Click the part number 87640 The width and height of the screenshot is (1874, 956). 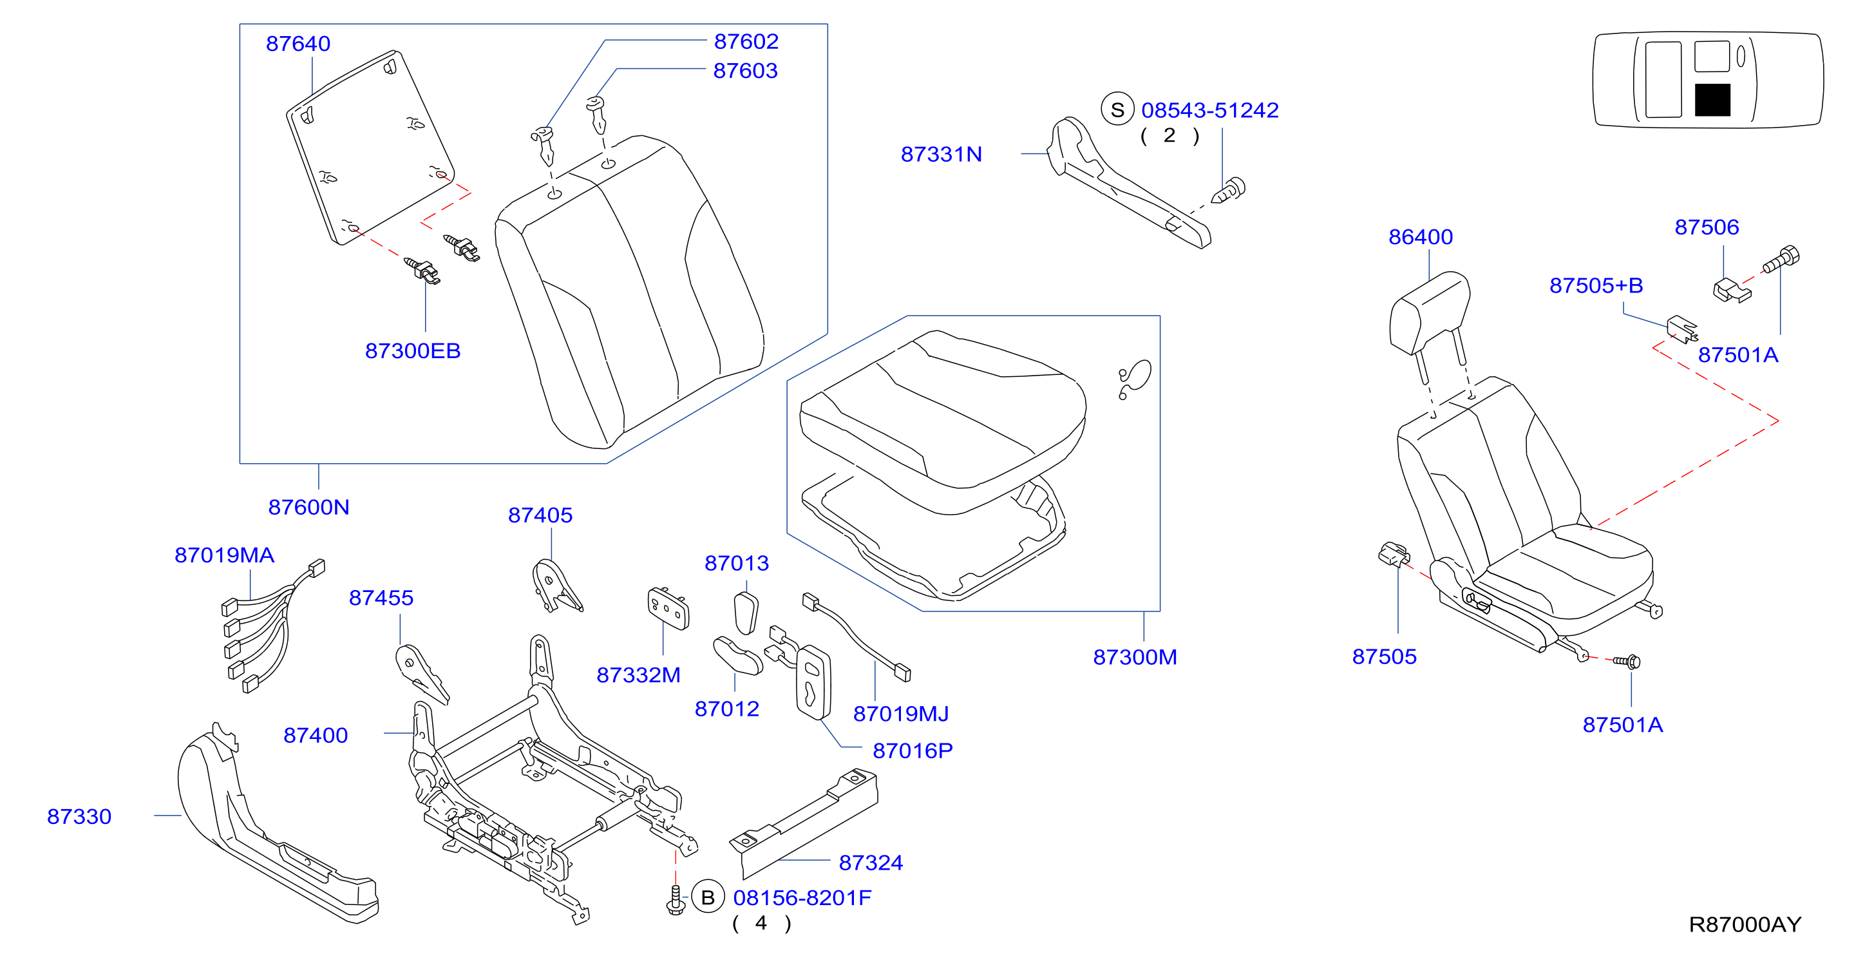(x=298, y=44)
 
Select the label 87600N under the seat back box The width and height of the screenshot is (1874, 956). (x=308, y=507)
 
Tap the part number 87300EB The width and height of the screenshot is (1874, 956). (x=413, y=350)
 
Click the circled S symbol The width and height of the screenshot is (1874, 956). (x=1117, y=109)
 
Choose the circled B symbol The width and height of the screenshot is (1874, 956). (x=707, y=897)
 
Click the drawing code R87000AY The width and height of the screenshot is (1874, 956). (x=1745, y=924)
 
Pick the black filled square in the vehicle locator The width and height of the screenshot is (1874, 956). (x=1712, y=100)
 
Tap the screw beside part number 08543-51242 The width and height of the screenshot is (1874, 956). (x=1228, y=191)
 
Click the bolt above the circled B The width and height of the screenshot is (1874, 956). (x=675, y=900)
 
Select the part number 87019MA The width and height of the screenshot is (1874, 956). (x=224, y=555)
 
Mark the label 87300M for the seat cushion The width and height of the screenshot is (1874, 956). (x=1135, y=657)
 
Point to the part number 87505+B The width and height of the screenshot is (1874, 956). (x=1596, y=285)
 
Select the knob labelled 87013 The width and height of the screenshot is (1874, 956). (x=746, y=613)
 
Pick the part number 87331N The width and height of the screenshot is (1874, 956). (x=942, y=154)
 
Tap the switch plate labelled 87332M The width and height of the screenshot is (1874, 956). (x=668, y=608)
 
